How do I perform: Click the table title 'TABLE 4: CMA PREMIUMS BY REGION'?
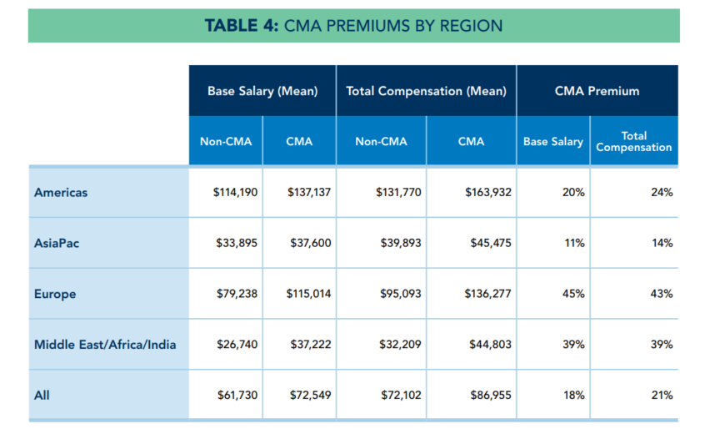(353, 26)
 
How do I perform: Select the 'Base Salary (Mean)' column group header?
(262, 91)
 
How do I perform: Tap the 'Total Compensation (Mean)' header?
(426, 91)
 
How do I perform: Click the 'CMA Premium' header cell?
(597, 91)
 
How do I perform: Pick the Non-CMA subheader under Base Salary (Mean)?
(225, 142)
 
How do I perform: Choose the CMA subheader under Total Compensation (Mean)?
(471, 142)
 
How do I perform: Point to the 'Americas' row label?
(61, 193)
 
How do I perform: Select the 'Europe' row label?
(55, 294)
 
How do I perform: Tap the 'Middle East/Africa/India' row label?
(105, 345)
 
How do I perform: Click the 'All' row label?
(42, 396)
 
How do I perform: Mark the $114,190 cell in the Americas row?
(235, 193)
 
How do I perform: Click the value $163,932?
(487, 193)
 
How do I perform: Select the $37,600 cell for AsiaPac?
(310, 243)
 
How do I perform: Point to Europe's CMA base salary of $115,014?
(308, 294)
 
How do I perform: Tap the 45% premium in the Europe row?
(573, 294)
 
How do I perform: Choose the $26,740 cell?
(237, 345)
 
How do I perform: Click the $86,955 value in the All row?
(490, 396)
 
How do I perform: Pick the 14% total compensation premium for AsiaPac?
(662, 243)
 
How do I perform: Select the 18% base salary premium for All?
(573, 396)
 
